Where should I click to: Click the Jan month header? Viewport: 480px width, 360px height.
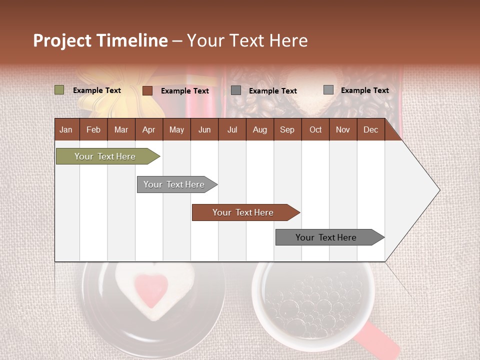pos(66,130)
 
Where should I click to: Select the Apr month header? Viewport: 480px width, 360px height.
pos(148,130)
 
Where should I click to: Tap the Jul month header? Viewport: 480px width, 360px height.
pos(232,130)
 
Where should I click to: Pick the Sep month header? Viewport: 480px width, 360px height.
pos(287,130)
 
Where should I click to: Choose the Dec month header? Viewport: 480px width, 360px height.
pos(370,130)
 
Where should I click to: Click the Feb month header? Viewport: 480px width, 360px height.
pos(93,130)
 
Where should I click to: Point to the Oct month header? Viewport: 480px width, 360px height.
pos(315,130)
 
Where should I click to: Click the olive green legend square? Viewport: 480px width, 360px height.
pos(59,90)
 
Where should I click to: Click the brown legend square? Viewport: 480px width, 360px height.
pos(147,90)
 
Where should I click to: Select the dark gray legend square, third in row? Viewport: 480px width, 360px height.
pos(236,90)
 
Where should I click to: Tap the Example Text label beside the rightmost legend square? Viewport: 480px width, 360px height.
pos(364,90)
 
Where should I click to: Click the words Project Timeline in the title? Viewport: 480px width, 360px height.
pos(100,40)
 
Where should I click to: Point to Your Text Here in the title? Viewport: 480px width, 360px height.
pos(247,40)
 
